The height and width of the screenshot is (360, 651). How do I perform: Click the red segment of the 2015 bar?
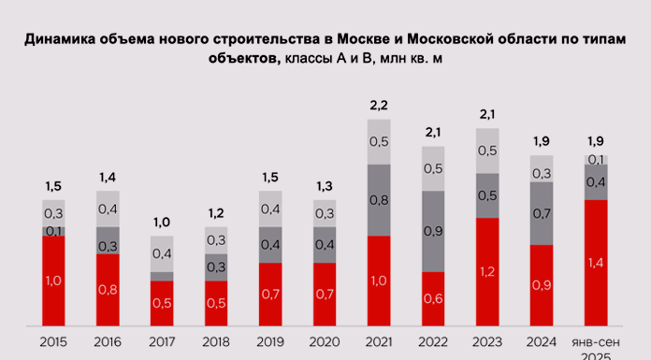54,281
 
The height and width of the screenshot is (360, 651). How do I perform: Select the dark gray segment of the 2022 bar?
434,231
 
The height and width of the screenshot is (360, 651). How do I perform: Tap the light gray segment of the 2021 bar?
379,141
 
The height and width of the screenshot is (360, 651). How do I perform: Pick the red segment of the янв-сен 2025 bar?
596,263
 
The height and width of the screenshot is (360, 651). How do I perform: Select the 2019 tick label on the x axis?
271,342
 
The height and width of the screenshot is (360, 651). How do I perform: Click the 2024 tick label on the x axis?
542,342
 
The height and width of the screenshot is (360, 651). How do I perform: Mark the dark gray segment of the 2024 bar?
542,213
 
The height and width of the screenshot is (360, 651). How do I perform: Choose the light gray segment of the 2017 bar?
163,253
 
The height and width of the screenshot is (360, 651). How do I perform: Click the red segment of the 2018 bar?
217,303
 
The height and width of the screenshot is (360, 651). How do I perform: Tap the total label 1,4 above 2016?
108,176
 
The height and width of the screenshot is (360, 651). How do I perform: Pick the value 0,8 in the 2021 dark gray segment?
379,199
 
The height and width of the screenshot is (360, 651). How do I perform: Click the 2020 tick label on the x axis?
325,342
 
